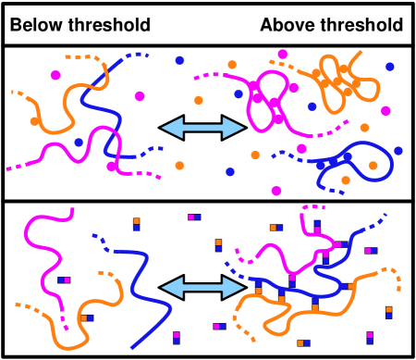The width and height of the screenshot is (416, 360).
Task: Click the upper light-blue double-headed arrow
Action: [x=202, y=128]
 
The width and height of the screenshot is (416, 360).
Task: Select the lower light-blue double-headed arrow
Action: [x=202, y=288]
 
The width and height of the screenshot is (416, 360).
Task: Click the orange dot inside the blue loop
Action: [x=373, y=166]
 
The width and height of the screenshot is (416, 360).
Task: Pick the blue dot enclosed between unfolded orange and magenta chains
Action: [x=79, y=143]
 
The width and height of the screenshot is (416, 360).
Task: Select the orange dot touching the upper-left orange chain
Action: [x=34, y=120]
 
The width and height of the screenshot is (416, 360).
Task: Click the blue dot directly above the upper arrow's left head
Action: [x=179, y=60]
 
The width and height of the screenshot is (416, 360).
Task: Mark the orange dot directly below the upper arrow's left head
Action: [x=179, y=166]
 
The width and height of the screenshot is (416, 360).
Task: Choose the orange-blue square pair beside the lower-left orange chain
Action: [x=86, y=318]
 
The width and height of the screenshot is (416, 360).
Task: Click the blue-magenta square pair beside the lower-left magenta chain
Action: [x=64, y=279]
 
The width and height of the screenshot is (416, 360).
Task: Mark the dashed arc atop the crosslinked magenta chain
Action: [x=313, y=207]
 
